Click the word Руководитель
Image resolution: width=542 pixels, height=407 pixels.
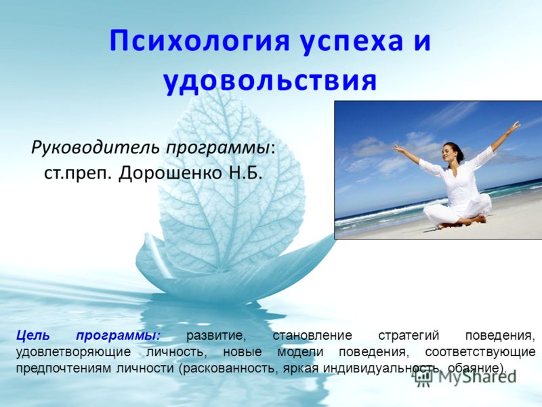(96, 148)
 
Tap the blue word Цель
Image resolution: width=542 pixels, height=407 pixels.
(33, 336)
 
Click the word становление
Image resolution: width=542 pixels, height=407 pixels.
(312, 336)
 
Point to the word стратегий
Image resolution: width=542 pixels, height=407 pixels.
(409, 336)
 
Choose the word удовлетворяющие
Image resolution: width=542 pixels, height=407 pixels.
(73, 352)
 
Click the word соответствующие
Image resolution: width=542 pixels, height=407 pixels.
(480, 352)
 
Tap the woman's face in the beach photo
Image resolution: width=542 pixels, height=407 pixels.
(449, 153)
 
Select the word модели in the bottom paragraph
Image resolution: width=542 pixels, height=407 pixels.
(300, 352)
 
